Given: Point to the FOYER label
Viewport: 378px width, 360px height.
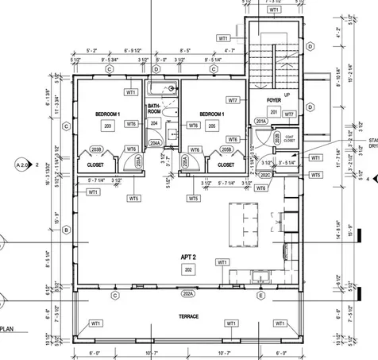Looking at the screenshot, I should coord(274,101).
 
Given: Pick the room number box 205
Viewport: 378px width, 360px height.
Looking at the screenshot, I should coord(211,125).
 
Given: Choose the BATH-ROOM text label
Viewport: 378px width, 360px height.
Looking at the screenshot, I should coord(155,109).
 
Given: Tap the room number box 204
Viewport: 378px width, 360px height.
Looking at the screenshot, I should coord(155,124).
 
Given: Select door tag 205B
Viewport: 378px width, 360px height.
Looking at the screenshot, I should coord(226,149).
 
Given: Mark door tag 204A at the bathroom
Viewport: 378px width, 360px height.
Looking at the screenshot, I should coord(156,144).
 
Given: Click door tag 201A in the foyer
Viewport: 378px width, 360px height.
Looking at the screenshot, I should coord(260,121).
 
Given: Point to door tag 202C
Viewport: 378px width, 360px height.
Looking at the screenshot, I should coord(267,175).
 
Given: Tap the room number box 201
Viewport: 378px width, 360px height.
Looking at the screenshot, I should coord(274,112).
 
